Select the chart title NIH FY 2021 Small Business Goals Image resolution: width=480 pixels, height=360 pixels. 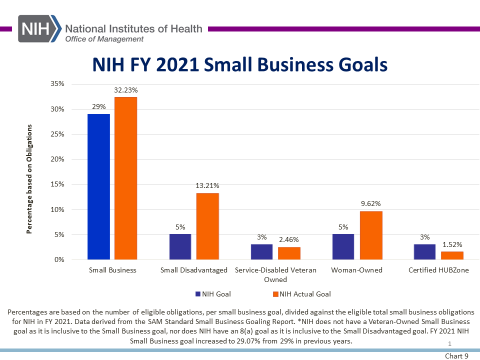[240, 64]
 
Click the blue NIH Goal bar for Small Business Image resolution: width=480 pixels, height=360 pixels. [98, 186]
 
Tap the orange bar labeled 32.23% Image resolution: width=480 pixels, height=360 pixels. [126, 178]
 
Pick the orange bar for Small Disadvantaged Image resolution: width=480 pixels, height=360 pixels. [207, 226]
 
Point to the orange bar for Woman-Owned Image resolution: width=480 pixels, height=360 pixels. [371, 235]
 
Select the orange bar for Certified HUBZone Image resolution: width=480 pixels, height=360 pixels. [452, 255]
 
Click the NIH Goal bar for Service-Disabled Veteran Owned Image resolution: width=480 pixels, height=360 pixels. [261, 252]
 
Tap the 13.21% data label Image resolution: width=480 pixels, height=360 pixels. [207, 185]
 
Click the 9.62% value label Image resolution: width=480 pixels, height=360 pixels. [370, 203]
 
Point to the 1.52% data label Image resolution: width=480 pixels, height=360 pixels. [452, 244]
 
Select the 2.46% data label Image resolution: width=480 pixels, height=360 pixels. [289, 239]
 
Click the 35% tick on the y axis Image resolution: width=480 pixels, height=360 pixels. [57, 84]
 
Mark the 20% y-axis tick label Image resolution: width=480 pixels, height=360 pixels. [57, 159]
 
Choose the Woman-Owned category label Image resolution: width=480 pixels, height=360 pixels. [356, 270]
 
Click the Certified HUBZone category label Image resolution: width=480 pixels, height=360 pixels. [438, 270]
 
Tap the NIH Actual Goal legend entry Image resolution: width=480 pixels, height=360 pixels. [302, 294]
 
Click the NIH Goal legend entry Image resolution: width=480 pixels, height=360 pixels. [213, 294]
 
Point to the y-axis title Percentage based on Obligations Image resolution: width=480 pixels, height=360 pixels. [29, 179]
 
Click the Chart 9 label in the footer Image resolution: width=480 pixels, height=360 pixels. [456, 356]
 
